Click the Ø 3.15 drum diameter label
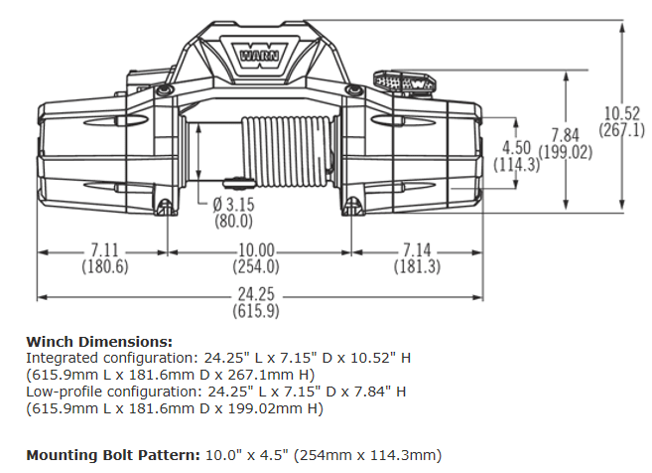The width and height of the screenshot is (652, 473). (x=234, y=205)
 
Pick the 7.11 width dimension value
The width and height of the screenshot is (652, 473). (x=103, y=249)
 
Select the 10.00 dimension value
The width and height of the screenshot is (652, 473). (x=256, y=250)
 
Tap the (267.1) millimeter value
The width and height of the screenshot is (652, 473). (x=622, y=130)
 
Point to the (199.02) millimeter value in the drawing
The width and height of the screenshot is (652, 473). (x=566, y=152)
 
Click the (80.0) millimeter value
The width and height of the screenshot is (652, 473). (x=234, y=221)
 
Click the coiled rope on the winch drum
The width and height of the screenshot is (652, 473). (x=288, y=149)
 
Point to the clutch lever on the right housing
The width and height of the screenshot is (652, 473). (x=402, y=80)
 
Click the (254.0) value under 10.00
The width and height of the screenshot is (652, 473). (x=256, y=266)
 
